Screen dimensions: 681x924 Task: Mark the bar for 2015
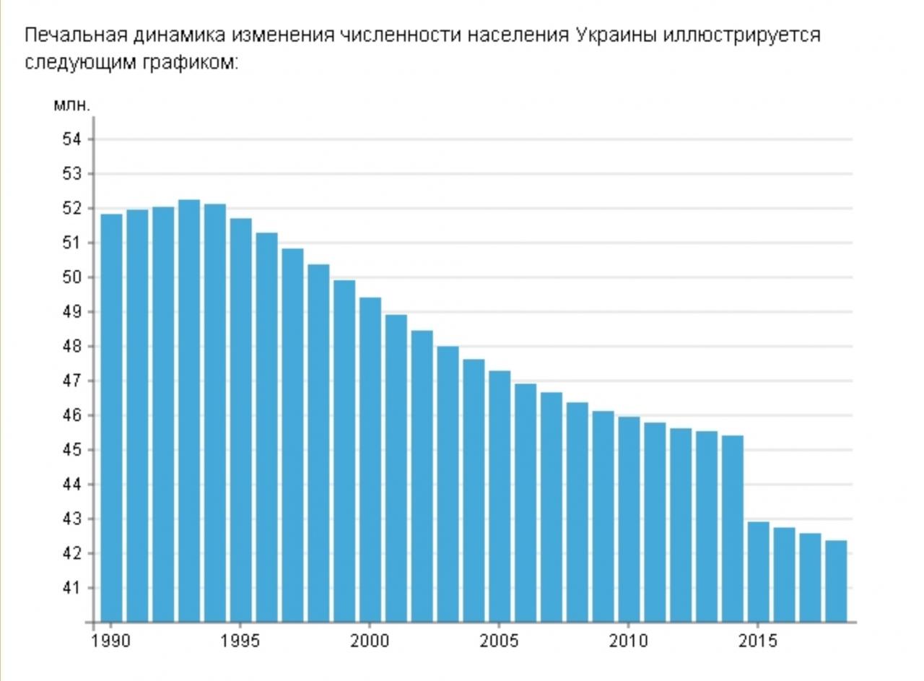pyautogui.click(x=758, y=571)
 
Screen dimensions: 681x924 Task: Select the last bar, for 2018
pyautogui.click(x=836, y=581)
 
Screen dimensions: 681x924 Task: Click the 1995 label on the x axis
pyautogui.click(x=241, y=641)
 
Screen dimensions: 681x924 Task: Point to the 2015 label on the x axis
pyautogui.click(x=758, y=641)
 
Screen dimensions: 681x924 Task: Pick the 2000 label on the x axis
pyautogui.click(x=370, y=641)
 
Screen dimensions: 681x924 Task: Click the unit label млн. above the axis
pyautogui.click(x=72, y=106)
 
